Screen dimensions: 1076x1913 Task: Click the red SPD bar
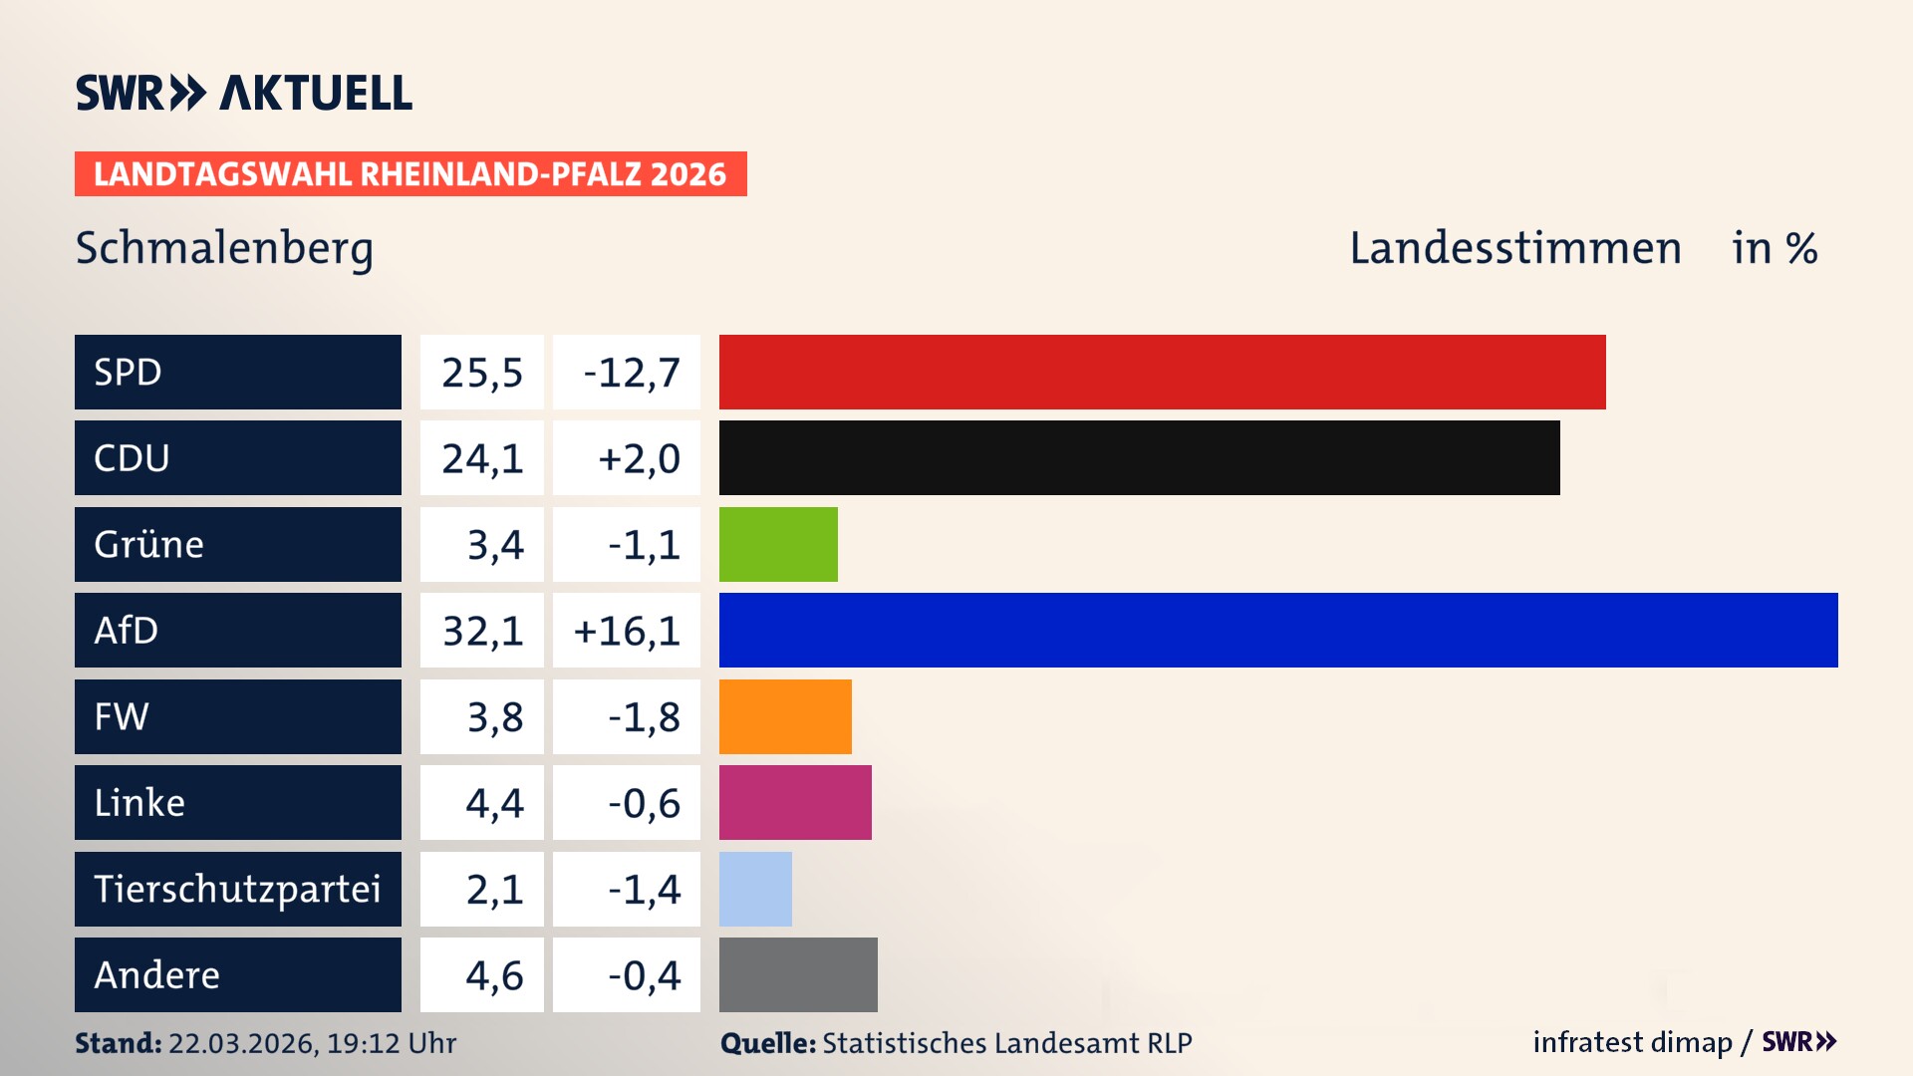(1162, 372)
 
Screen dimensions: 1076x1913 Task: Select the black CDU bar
(1139, 457)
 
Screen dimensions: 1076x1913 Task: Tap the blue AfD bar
(1278, 630)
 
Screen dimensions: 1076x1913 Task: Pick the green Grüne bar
(778, 544)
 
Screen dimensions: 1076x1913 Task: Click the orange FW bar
(785, 716)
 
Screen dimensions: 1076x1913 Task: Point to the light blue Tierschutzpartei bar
(755, 889)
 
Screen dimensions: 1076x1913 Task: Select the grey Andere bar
(798, 974)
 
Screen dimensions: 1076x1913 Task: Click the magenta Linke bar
(795, 802)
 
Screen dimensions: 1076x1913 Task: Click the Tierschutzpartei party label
(237, 889)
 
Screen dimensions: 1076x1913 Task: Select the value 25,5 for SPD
(482, 373)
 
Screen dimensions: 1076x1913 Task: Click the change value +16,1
(627, 631)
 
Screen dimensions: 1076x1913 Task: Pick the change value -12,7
(631, 373)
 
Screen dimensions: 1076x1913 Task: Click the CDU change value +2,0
(638, 458)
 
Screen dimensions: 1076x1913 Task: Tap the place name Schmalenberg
(224, 248)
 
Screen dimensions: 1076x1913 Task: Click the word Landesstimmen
(1514, 248)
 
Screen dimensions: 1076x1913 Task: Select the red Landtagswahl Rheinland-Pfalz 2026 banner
(410, 173)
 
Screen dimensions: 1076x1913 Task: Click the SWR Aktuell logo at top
(244, 93)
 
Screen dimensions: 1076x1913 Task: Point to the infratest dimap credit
(1632, 1042)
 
